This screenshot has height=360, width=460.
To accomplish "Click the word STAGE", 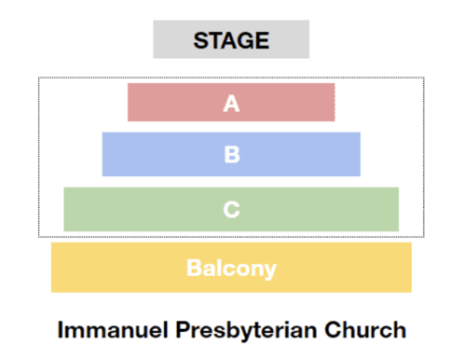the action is point(231,40).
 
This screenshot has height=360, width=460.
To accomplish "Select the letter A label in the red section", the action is point(232,104).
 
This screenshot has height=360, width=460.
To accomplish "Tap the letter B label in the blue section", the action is point(232,155).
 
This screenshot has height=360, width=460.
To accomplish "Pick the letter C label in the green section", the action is point(232,209).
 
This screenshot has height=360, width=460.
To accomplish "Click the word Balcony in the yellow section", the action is point(232,269).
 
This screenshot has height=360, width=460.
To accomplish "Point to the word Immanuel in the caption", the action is point(113,330).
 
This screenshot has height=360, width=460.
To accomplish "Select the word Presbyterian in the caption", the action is point(246,331).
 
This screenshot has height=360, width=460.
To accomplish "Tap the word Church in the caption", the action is point(365,330).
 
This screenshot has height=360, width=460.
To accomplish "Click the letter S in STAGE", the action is point(201,41).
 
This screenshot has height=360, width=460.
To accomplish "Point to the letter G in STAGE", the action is point(246,41).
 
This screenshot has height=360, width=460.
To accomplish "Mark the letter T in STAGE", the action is point(215,41).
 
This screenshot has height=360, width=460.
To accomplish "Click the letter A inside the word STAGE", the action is point(230,41).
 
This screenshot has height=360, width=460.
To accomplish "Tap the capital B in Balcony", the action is point(194,268).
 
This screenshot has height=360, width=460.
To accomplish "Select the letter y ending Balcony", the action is point(270,272).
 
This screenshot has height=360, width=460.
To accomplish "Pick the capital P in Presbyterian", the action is point(183,330).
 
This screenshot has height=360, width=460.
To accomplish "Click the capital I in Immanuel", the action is point(60,330).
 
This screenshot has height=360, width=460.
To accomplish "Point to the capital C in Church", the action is point(333,330).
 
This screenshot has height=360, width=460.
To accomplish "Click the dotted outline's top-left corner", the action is point(39,77).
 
